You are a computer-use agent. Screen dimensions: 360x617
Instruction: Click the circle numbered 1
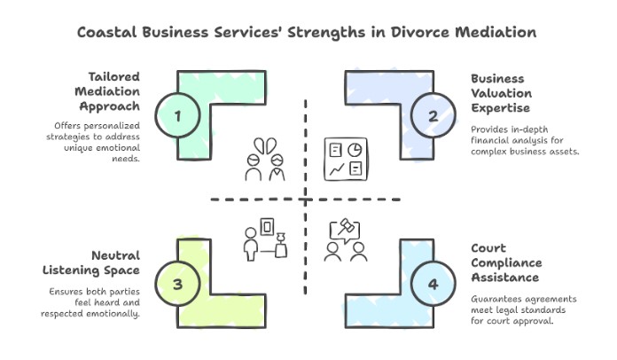(x=178, y=116)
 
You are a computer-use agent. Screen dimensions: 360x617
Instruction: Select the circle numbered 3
(x=178, y=284)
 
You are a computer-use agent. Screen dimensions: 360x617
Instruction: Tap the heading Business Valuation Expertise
(x=502, y=92)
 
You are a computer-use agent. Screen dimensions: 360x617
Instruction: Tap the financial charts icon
(x=345, y=157)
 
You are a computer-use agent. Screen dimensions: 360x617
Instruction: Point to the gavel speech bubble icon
(x=345, y=239)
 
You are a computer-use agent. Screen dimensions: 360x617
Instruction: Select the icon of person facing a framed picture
(x=266, y=239)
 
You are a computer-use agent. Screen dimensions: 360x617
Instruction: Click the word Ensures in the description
(x=70, y=292)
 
